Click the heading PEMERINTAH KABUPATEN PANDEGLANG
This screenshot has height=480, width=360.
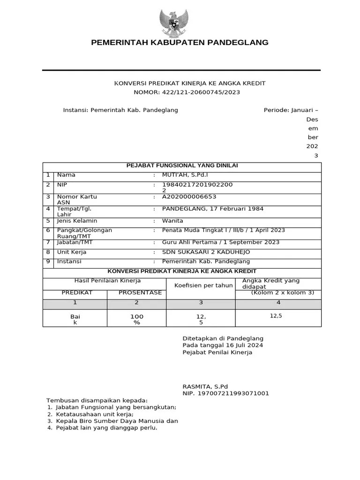tap(180, 43)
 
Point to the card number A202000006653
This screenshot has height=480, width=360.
tap(189, 197)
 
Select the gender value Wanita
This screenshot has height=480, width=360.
tap(172, 220)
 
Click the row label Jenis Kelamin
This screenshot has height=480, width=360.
tap(77, 220)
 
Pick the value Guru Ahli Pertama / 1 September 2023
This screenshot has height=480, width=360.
tap(220, 242)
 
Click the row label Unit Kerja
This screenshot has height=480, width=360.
tap(72, 252)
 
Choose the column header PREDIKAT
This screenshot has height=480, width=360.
tap(77, 292)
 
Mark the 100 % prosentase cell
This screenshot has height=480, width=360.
tap(137, 320)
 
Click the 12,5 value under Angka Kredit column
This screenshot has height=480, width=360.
tap(276, 316)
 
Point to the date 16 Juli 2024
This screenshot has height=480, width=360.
tap(241, 345)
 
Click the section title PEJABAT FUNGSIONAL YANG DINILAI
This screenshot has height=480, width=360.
tap(182, 165)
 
